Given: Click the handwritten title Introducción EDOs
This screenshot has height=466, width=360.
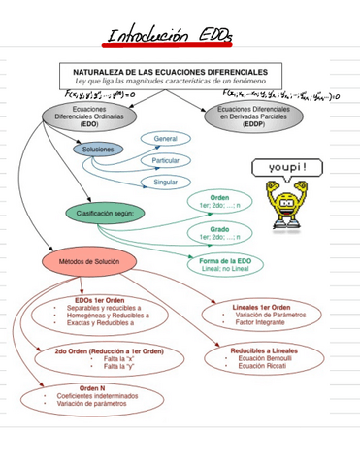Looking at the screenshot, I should (x=171, y=37).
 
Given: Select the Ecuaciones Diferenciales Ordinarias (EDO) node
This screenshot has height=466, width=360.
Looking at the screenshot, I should (x=89, y=118).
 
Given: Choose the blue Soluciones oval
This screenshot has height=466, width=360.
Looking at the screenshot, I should (x=98, y=150).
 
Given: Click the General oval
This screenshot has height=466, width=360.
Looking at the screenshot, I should (x=165, y=140).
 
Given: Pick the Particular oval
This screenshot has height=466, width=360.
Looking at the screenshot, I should (x=165, y=160).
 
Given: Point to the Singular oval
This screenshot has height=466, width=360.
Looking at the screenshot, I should (x=165, y=183).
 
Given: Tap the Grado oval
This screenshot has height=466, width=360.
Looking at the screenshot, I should (x=219, y=233).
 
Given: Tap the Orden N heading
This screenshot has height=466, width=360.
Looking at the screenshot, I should (x=92, y=387).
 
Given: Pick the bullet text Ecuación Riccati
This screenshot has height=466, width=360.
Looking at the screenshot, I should (x=264, y=367).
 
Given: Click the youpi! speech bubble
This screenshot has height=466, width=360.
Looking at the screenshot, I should (x=287, y=168).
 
